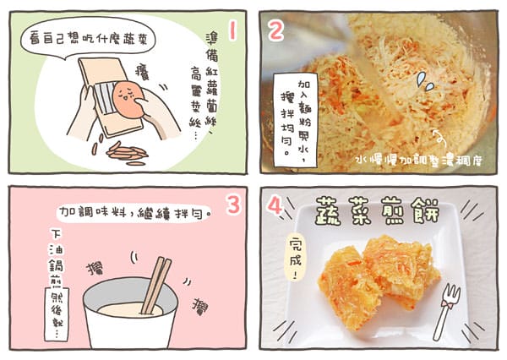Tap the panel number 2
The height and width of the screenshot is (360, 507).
click(275, 30)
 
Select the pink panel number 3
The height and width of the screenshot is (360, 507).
click(232, 205)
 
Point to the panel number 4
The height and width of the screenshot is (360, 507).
click(275, 205)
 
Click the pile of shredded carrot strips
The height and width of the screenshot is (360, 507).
click(127, 153)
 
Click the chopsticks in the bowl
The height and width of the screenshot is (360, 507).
click(155, 285)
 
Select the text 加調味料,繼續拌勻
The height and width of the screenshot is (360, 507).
click(135, 209)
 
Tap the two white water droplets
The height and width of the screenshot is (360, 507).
click(425, 81)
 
